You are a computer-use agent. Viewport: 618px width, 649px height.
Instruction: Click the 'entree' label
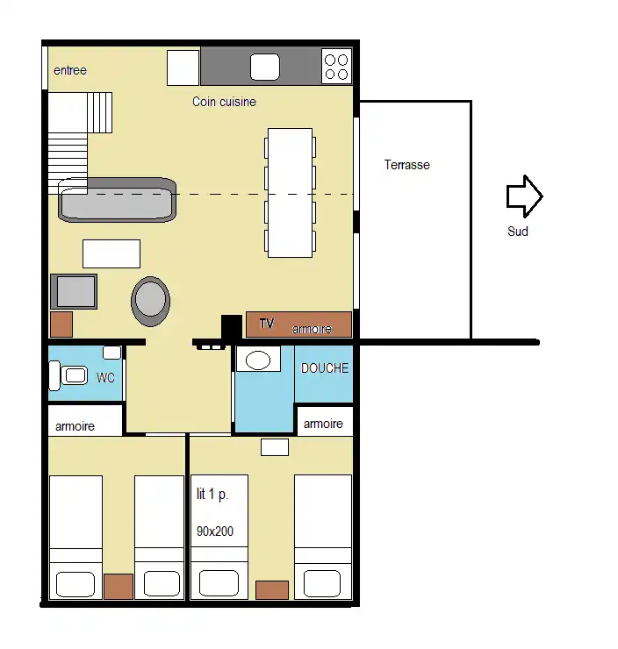[70, 70]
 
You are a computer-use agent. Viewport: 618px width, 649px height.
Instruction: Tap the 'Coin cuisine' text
[224, 102]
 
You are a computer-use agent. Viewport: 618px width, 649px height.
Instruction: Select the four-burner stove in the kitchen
[336, 67]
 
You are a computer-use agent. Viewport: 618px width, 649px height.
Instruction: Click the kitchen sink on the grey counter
[265, 67]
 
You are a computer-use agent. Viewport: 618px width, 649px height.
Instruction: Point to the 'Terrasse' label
[406, 165]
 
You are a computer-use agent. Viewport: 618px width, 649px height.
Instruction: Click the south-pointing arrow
[524, 196]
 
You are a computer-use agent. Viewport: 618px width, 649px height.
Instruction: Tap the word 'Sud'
[518, 231]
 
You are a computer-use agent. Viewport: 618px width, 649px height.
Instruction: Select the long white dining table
[290, 193]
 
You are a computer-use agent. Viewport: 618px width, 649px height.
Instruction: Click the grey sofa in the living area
[118, 200]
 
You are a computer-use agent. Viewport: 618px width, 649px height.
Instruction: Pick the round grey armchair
[150, 301]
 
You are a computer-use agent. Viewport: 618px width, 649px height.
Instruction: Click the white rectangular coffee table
[111, 253]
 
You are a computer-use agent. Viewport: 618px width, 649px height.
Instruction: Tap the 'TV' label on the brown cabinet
[267, 324]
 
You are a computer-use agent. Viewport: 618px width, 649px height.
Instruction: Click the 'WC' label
[105, 377]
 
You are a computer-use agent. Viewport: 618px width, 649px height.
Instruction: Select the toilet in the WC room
[68, 375]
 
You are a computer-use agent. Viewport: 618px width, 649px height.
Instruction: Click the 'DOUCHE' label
[325, 368]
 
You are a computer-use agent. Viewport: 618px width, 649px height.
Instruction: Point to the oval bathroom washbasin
[258, 360]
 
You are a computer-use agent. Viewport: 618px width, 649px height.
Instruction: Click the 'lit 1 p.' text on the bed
[212, 494]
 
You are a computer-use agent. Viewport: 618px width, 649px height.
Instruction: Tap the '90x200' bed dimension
[215, 531]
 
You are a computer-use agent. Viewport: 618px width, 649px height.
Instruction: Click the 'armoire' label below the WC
[75, 426]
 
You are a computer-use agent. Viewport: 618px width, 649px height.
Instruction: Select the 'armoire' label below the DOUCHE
[323, 424]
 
